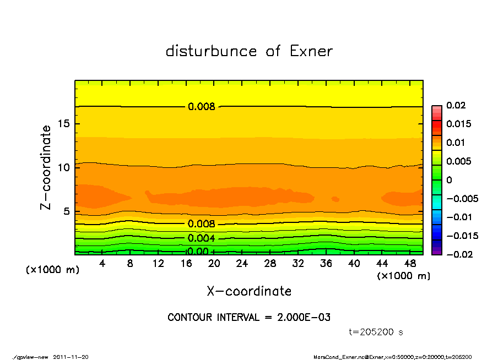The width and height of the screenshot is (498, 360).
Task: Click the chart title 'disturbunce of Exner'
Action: click(x=249, y=51)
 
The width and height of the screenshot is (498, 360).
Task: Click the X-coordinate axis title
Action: click(x=249, y=291)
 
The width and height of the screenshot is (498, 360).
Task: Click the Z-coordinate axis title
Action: click(x=46, y=167)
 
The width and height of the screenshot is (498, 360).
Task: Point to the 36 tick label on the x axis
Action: click(x=326, y=264)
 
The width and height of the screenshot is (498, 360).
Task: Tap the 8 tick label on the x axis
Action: click(x=131, y=264)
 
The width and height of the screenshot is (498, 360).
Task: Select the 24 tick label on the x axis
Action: click(x=242, y=264)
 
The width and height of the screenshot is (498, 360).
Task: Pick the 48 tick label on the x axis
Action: click(x=410, y=264)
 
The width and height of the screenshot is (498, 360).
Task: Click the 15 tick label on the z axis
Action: click(x=63, y=123)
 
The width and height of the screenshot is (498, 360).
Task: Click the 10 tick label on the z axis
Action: click(x=63, y=167)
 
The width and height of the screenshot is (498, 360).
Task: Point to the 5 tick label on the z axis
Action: click(x=67, y=211)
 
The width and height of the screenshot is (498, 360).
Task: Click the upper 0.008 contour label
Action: click(x=201, y=107)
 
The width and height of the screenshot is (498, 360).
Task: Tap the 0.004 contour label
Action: click(x=201, y=238)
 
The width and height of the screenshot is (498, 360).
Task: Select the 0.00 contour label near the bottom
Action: click(x=198, y=252)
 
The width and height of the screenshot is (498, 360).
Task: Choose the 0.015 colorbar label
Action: click(x=458, y=124)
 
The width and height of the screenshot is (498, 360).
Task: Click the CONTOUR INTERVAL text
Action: click(x=249, y=318)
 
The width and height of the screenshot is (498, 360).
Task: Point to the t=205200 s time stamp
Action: click(x=376, y=332)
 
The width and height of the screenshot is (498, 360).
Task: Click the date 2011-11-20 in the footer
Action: click(x=71, y=357)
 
